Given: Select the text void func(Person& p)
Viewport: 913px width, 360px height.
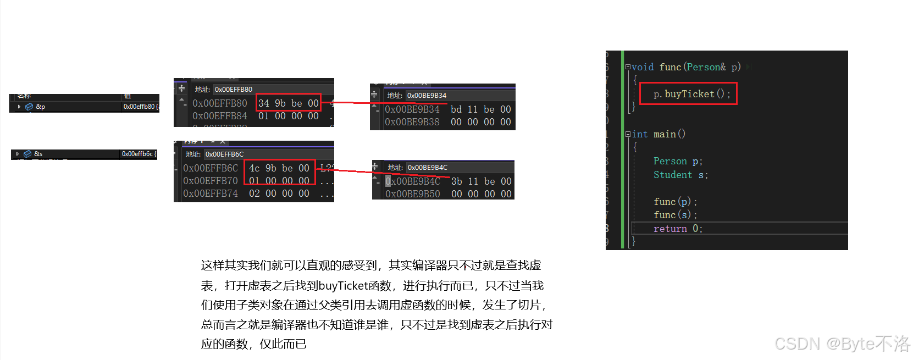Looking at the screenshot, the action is point(686,67).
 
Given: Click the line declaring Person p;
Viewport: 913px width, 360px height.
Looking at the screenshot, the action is point(678,161).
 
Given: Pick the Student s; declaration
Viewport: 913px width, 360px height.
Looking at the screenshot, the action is point(680,175).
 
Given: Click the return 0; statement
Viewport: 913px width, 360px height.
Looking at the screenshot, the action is point(678,229).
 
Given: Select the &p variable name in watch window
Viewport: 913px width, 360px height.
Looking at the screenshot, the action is point(40,107).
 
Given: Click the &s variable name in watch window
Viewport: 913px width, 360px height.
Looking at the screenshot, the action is point(38,154).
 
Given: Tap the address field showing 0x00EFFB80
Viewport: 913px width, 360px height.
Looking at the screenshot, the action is point(234,90).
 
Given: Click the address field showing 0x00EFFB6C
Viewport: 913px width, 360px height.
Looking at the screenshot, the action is point(224,154).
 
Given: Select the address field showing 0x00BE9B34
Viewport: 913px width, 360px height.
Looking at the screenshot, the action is point(427,96).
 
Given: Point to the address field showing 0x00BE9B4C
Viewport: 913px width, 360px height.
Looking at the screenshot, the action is point(428,168).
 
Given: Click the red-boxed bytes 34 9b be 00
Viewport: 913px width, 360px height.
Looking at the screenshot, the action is point(288,103).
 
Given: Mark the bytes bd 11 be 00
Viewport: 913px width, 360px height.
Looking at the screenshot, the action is point(480,109).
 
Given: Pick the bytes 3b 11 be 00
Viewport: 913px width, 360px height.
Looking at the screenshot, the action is point(481,181).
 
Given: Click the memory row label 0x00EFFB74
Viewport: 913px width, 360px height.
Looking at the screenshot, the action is point(211,193).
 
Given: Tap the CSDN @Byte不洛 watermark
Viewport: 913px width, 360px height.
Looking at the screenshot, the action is point(842,344).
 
